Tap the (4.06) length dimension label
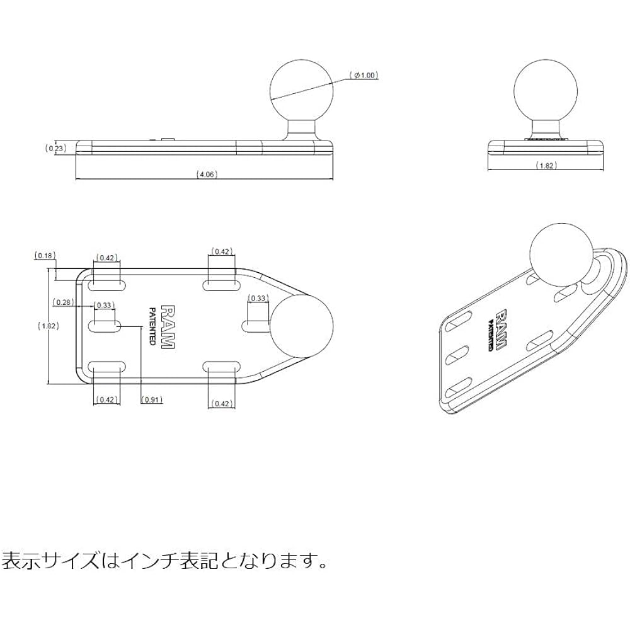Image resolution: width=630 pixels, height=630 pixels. [x=207, y=175]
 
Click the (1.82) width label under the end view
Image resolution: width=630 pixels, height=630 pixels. [x=546, y=166]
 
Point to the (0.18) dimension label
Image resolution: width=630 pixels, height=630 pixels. [x=44, y=256]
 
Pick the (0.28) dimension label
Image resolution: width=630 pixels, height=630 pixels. [x=62, y=302]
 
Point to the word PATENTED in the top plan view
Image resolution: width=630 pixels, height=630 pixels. [x=152, y=326]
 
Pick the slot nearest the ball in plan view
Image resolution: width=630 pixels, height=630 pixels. [x=256, y=326]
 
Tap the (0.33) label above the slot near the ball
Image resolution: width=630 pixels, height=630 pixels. [x=258, y=298]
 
